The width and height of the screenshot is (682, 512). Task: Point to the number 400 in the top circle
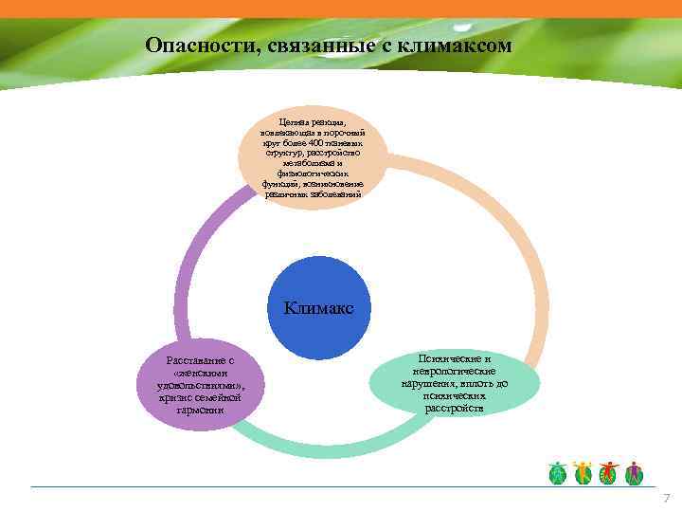pos(322,141)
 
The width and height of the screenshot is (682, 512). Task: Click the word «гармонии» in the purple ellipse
pos(199,411)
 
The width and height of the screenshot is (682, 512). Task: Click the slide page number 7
pos(667,499)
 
